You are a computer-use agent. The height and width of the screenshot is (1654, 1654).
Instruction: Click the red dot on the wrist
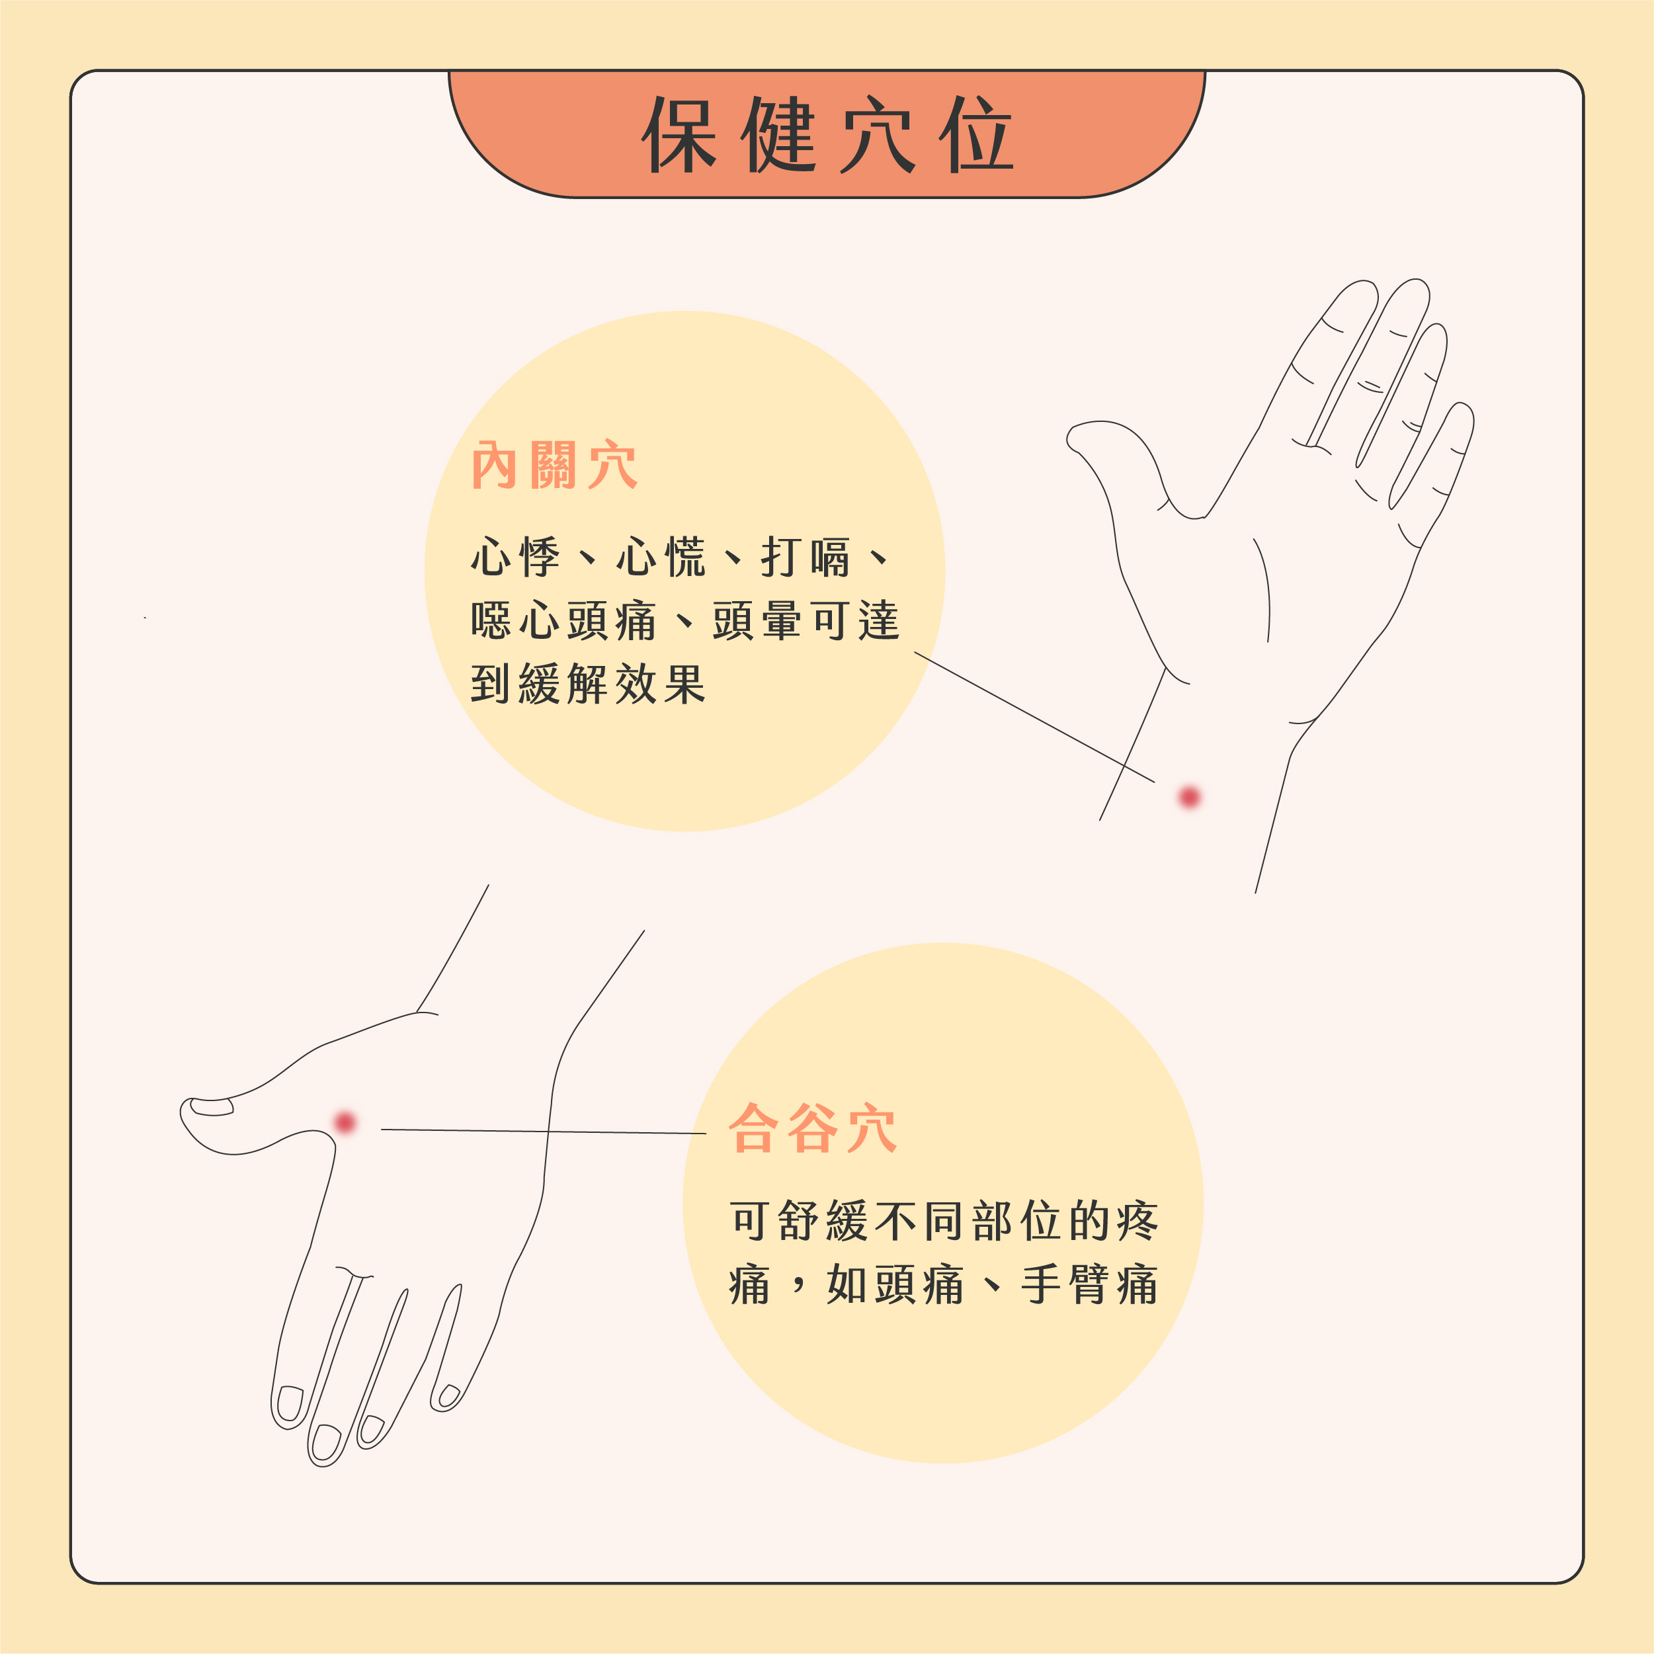coord(1189,797)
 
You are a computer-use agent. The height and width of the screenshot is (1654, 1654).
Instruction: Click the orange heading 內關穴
coord(554,466)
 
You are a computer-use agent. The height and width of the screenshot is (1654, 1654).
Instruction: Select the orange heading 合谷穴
coord(812,1128)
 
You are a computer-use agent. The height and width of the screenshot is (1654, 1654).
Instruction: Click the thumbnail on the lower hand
coord(212,1107)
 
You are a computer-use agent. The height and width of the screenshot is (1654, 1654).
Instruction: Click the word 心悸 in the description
coord(515,558)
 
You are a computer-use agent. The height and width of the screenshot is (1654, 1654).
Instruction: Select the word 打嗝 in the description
coord(806,558)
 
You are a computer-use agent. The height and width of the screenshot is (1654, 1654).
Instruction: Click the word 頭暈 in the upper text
coord(757,621)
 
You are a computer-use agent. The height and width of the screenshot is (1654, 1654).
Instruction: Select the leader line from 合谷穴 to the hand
coord(544,1131)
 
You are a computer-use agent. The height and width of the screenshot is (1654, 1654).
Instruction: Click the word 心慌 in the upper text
coord(661,558)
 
